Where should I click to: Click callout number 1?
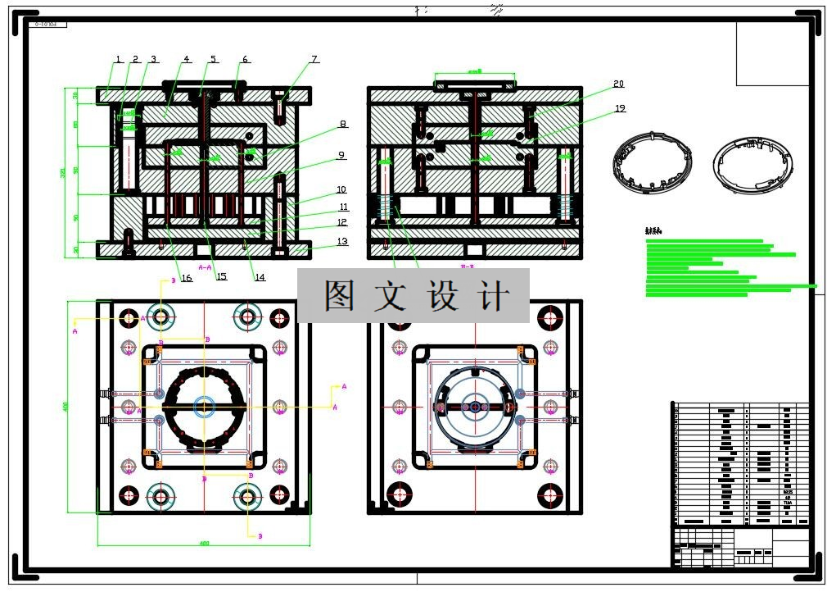coord(118,60)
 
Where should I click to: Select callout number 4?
coord(187,60)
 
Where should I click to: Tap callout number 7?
coord(314,60)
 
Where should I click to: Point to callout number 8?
coord(342,125)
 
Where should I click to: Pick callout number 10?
coord(341,190)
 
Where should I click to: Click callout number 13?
coord(342,241)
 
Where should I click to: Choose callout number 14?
coord(260,277)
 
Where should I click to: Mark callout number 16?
coord(187,279)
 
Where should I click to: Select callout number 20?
coord(618,84)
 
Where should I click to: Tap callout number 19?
coord(620,108)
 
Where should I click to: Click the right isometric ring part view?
coord(751,164)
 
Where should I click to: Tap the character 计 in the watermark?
coord(496,295)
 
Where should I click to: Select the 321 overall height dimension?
coord(63,173)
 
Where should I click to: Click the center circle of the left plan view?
coord(204,406)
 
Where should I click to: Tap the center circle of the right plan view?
coord(474,406)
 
